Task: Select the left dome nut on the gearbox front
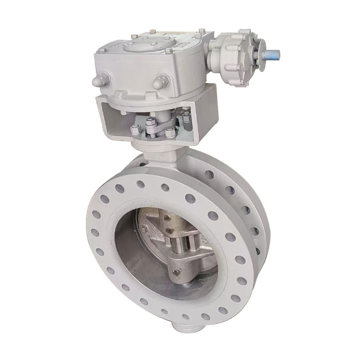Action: (97, 81)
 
